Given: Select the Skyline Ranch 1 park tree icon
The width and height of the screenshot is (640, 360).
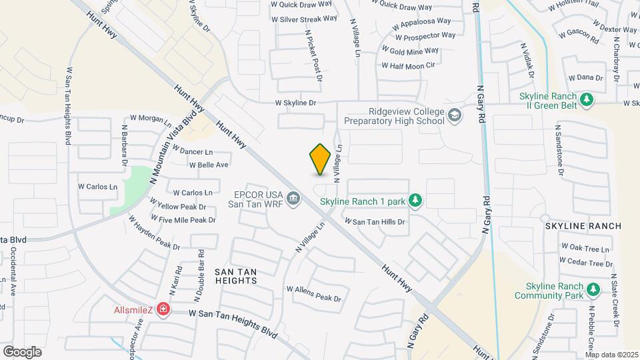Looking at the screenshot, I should coord(415,200).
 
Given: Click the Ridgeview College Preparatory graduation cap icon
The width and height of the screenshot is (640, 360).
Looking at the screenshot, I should coord(455,116).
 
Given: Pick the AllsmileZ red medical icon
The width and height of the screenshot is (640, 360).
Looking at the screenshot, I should coord(162,310).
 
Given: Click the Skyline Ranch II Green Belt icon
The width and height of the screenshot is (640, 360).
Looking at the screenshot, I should coord(587,100).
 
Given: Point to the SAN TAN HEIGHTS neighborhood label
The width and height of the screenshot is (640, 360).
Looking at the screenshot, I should coord(236,276).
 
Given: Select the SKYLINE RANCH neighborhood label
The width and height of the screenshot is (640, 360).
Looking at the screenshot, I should coord(583,226).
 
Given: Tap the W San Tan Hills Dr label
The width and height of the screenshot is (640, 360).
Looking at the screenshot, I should coord(375,221).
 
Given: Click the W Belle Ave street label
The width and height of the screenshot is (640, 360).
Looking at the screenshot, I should coord(209,165).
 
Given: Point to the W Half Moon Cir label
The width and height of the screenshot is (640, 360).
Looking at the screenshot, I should coord(408,65).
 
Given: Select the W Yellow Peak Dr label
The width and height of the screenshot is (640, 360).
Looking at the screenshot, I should coord(178,206).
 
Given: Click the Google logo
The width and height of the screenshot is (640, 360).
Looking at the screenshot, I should coord(22,351).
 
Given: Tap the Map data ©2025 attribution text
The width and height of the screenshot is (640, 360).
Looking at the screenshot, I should coord(611,354).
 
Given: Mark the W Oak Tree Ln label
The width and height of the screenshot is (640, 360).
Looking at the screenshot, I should coord(586,249).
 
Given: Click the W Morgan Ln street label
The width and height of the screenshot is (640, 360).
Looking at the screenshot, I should coord(151,119).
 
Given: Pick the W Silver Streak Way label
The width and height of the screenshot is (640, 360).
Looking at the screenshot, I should coord(305,19).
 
